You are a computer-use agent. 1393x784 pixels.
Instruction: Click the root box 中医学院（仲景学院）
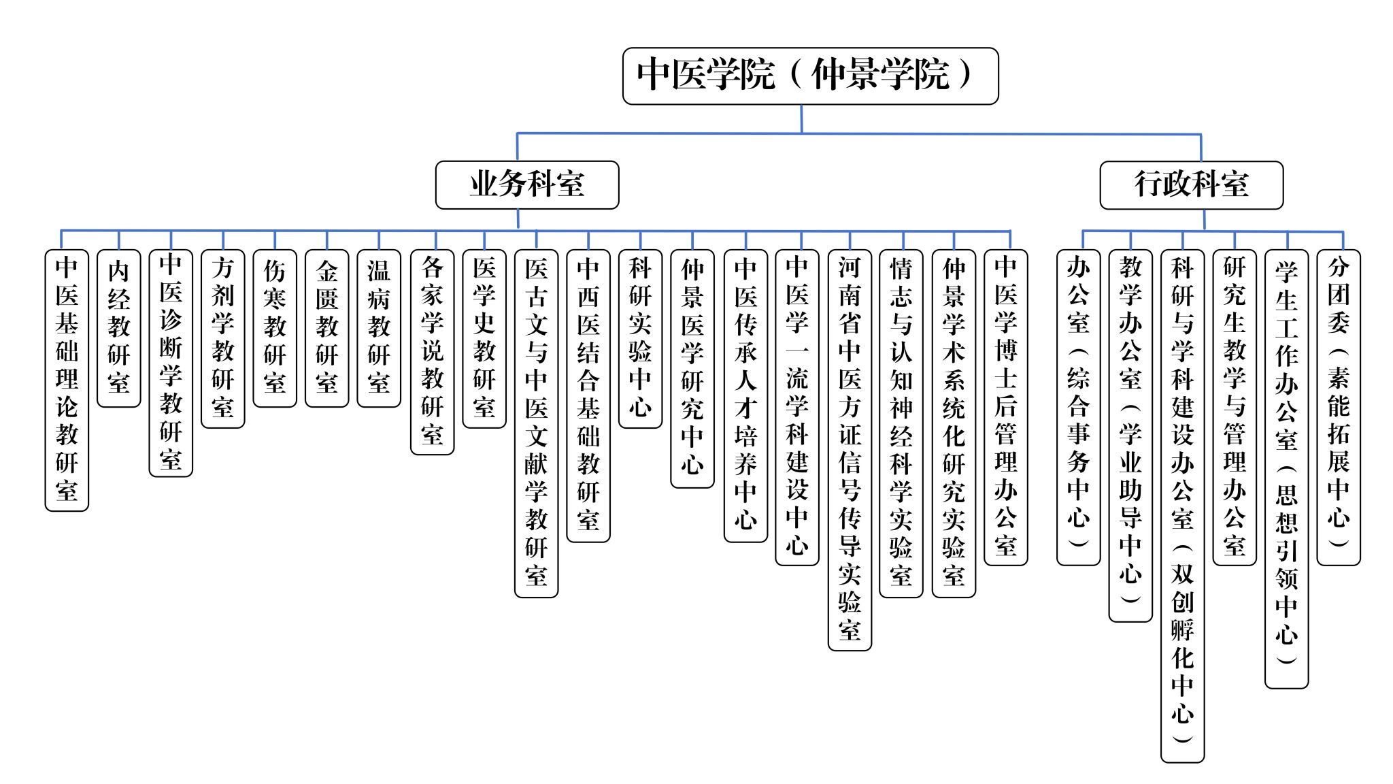pyautogui.click(x=810, y=76)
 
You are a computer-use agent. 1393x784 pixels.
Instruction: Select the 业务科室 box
pyautogui.click(x=527, y=184)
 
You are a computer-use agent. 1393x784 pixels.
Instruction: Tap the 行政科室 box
pyautogui.click(x=1191, y=184)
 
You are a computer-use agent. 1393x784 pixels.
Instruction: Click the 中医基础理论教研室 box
pyautogui.click(x=67, y=380)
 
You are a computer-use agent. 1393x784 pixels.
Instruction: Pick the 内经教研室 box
pyautogui.click(x=119, y=328)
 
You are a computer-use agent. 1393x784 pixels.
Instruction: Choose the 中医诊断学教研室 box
pyautogui.click(x=171, y=363)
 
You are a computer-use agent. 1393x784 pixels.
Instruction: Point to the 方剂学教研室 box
pyautogui.click(x=223, y=338)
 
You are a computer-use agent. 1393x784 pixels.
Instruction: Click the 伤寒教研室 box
pyautogui.click(x=275, y=328)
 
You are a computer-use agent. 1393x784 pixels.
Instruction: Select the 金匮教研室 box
pyautogui.click(x=327, y=328)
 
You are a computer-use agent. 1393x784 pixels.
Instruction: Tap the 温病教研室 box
pyautogui.click(x=379, y=328)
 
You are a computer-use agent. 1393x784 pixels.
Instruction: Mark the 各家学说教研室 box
pyautogui.click(x=432, y=351)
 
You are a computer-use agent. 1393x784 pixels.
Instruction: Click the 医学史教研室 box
pyautogui.click(x=484, y=338)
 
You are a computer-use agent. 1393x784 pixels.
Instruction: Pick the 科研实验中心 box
pyautogui.click(x=640, y=338)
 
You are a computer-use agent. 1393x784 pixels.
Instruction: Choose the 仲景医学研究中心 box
pyautogui.click(x=692, y=368)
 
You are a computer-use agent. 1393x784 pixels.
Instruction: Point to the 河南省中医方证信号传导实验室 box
pyautogui.click(x=850, y=450)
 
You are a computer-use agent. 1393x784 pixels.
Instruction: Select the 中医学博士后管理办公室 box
pyautogui.click(x=1005, y=407)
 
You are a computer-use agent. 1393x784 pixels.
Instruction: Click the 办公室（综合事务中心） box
pyautogui.click(x=1078, y=407)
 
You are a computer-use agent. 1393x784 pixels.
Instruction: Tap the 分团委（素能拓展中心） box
pyautogui.click(x=1338, y=407)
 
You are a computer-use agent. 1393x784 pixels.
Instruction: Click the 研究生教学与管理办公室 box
pyautogui.click(x=1234, y=407)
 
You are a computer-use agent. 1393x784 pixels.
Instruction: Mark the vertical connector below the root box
pyautogui.click(x=801, y=118)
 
